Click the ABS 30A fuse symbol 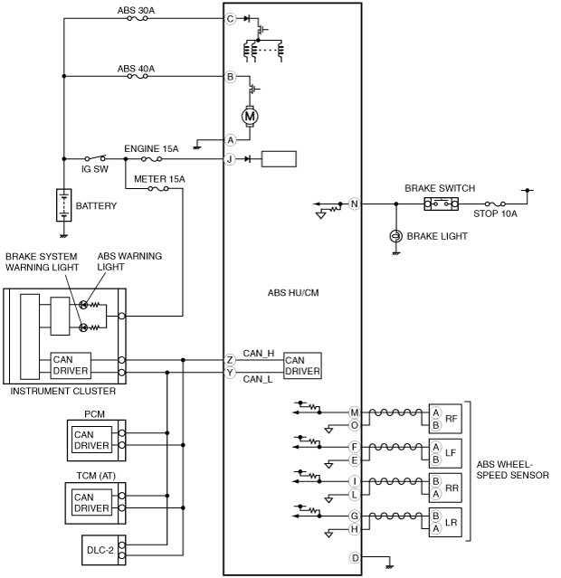(138, 18)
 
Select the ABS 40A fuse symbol (138, 76)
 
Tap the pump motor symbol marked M (250, 117)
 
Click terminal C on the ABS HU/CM (230, 19)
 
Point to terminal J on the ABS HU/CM (230, 159)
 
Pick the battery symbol (64, 205)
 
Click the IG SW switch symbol (95, 158)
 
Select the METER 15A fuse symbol (158, 189)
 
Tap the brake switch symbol (442, 204)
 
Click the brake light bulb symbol (396, 236)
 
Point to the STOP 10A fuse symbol (495, 204)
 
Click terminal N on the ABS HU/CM (354, 204)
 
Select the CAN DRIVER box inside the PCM (91, 440)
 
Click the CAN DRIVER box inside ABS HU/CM (302, 365)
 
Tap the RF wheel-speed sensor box (445, 419)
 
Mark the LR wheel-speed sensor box (445, 522)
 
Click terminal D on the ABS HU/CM (355, 558)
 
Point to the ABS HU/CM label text (293, 293)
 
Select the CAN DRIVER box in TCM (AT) (91, 502)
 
